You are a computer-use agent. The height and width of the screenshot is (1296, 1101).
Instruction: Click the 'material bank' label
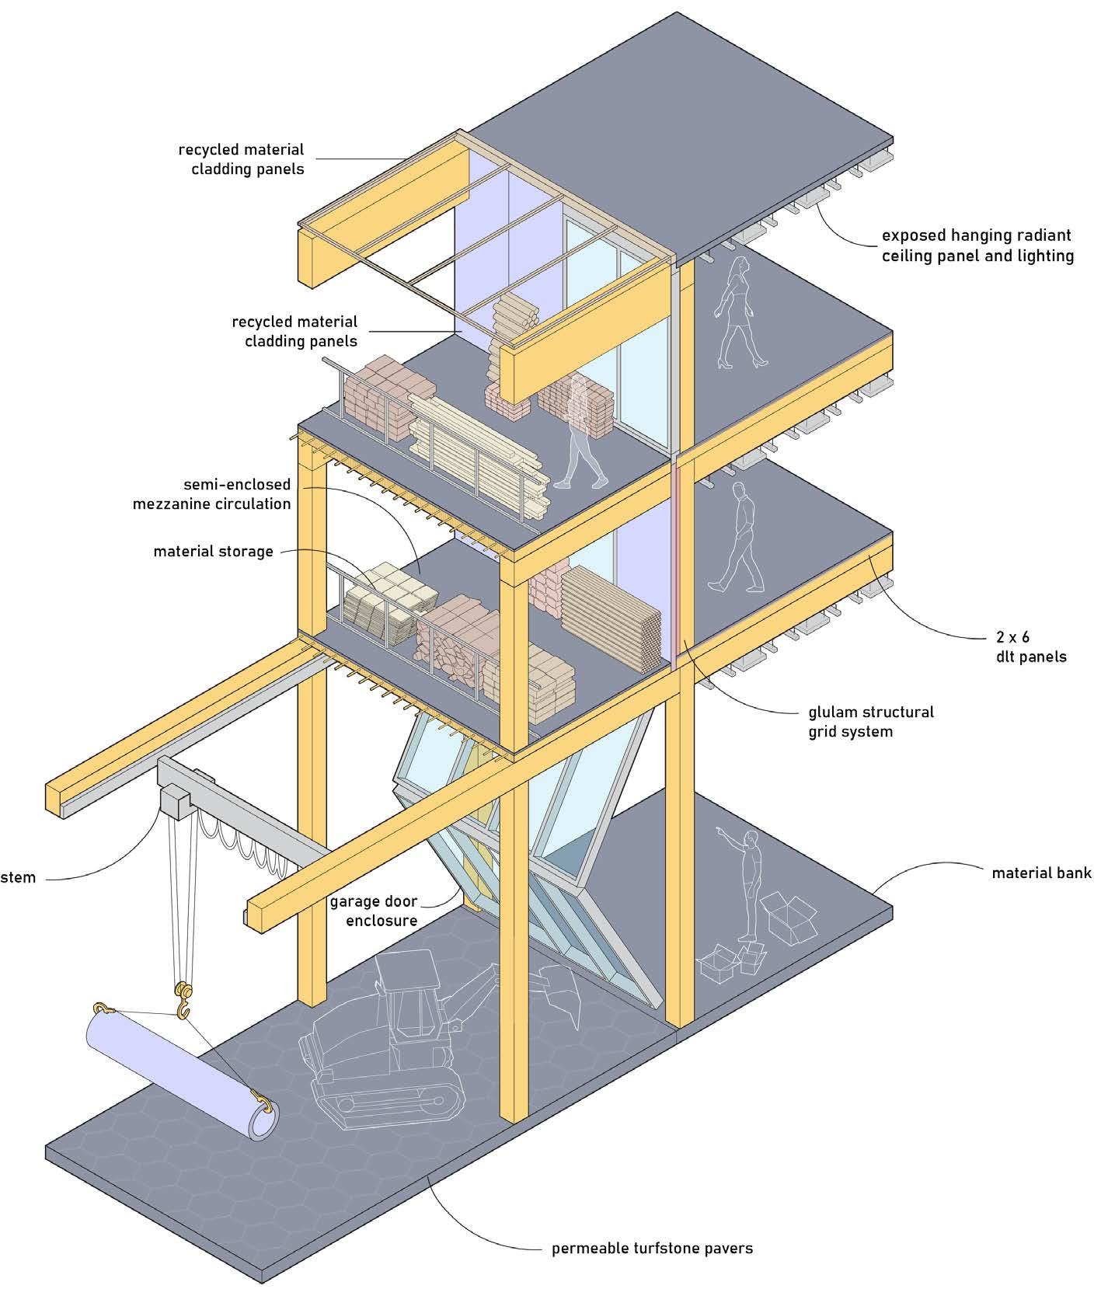pos(1041,873)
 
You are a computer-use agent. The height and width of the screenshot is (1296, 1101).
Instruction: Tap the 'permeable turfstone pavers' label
pos(652,1249)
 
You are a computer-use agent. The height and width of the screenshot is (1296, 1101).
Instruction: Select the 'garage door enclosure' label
pos(373,911)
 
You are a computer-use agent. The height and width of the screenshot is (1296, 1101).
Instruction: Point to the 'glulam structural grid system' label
pos(851,721)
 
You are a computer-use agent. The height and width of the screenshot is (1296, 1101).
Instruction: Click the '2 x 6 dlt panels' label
pos(1031,646)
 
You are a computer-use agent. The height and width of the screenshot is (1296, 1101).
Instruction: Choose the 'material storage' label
pos(213,552)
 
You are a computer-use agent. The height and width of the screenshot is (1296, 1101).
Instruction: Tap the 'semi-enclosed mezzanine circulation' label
pos(211,494)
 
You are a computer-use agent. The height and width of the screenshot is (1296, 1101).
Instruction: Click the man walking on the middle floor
pos(736,536)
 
